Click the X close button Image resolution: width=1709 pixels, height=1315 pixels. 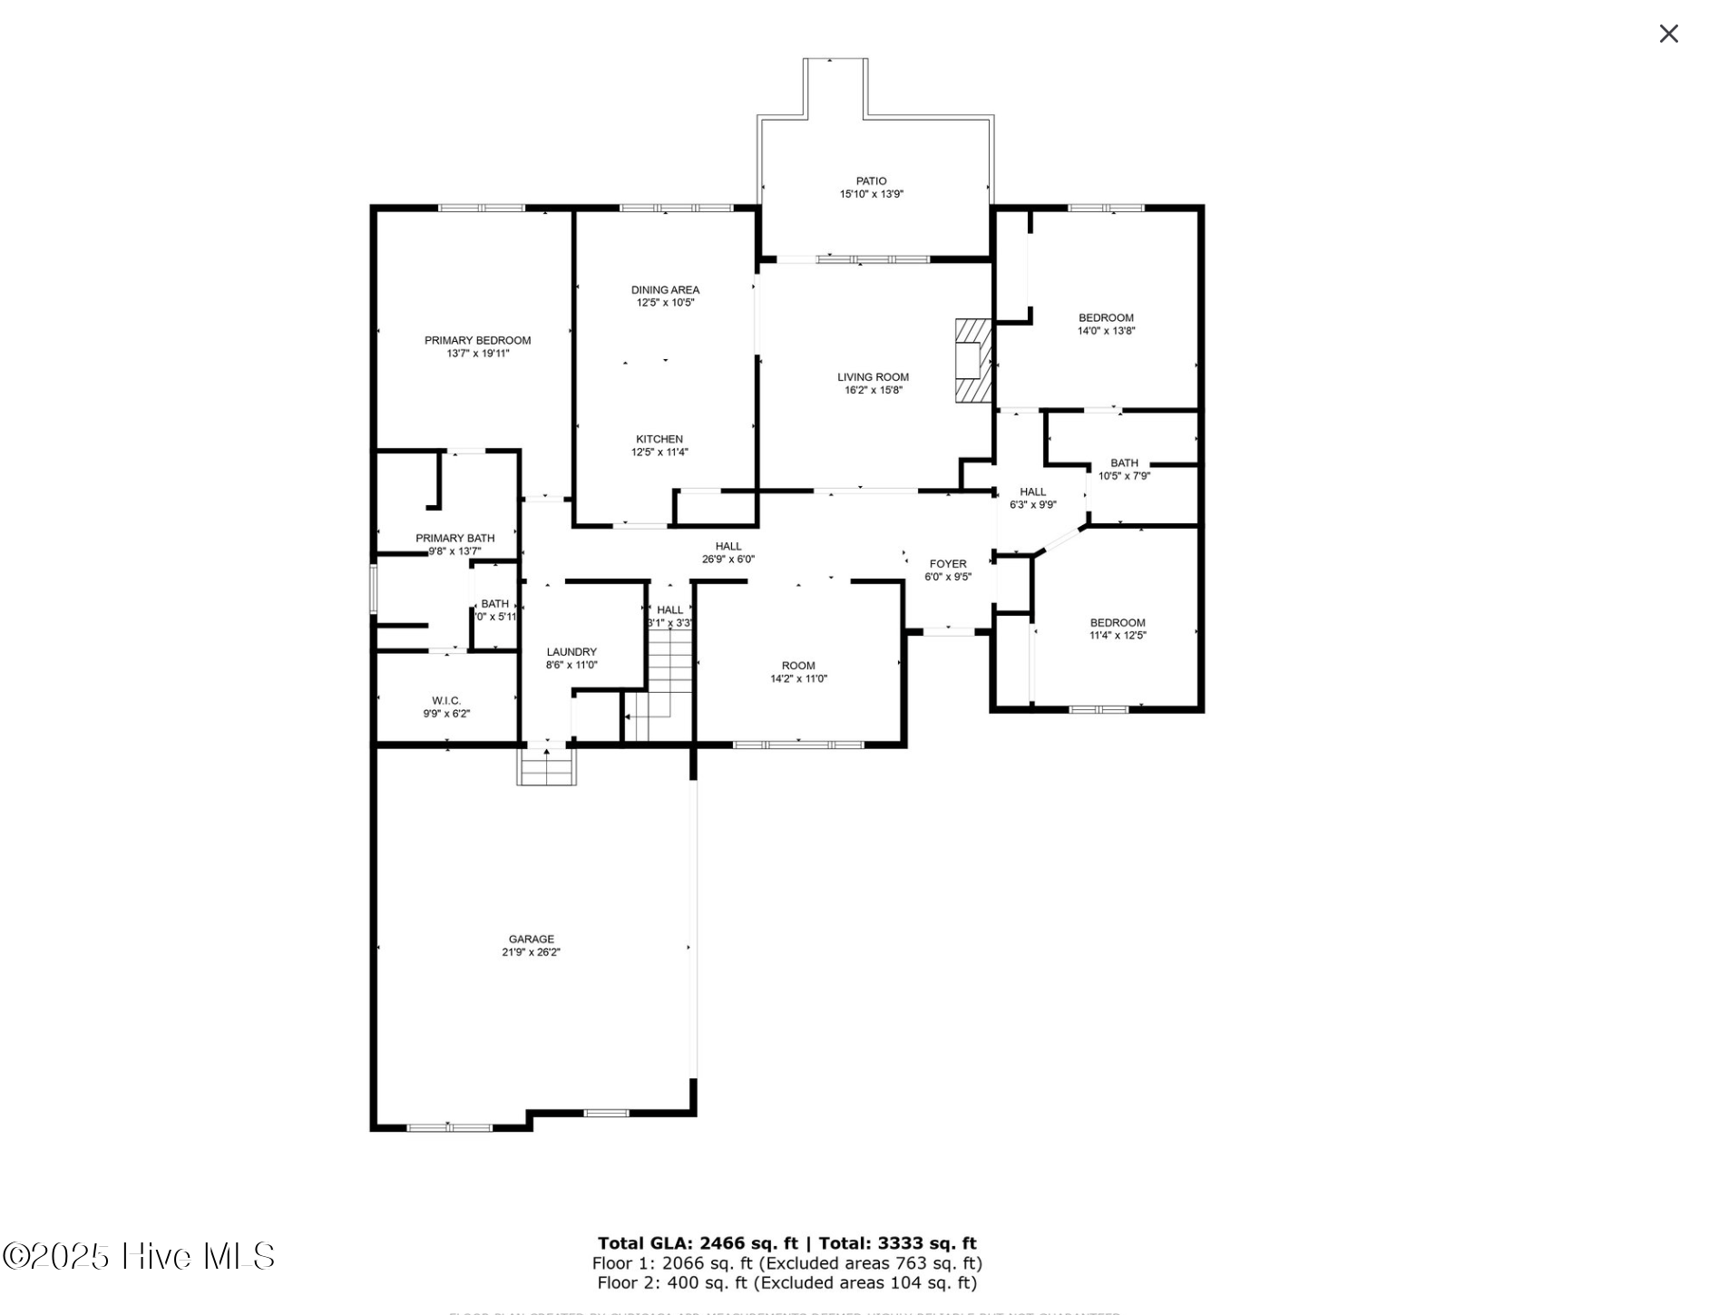1667,34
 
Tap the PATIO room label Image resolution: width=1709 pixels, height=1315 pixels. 871,181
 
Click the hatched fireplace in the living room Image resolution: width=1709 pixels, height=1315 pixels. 972,360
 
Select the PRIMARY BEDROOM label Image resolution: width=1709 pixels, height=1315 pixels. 477,340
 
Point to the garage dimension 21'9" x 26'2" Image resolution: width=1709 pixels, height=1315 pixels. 531,952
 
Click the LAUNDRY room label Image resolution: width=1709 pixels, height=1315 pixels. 571,651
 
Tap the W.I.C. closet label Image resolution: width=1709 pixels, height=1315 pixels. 446,700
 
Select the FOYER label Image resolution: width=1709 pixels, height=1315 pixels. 948,563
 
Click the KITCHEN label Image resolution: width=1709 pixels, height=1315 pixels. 659,439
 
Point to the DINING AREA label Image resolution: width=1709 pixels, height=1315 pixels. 665,289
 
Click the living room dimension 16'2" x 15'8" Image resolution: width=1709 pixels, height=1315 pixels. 873,391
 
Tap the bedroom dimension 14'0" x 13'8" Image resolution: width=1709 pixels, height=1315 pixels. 1106,331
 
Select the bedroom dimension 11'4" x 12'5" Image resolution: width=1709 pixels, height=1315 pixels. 1118,636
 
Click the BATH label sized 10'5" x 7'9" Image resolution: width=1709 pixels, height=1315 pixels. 1124,463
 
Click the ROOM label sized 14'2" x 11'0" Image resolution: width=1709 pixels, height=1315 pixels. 798,665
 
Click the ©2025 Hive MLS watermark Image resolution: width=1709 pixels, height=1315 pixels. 138,1256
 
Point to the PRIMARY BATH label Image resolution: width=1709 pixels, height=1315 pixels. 454,538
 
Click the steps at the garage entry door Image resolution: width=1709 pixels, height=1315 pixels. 546,766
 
